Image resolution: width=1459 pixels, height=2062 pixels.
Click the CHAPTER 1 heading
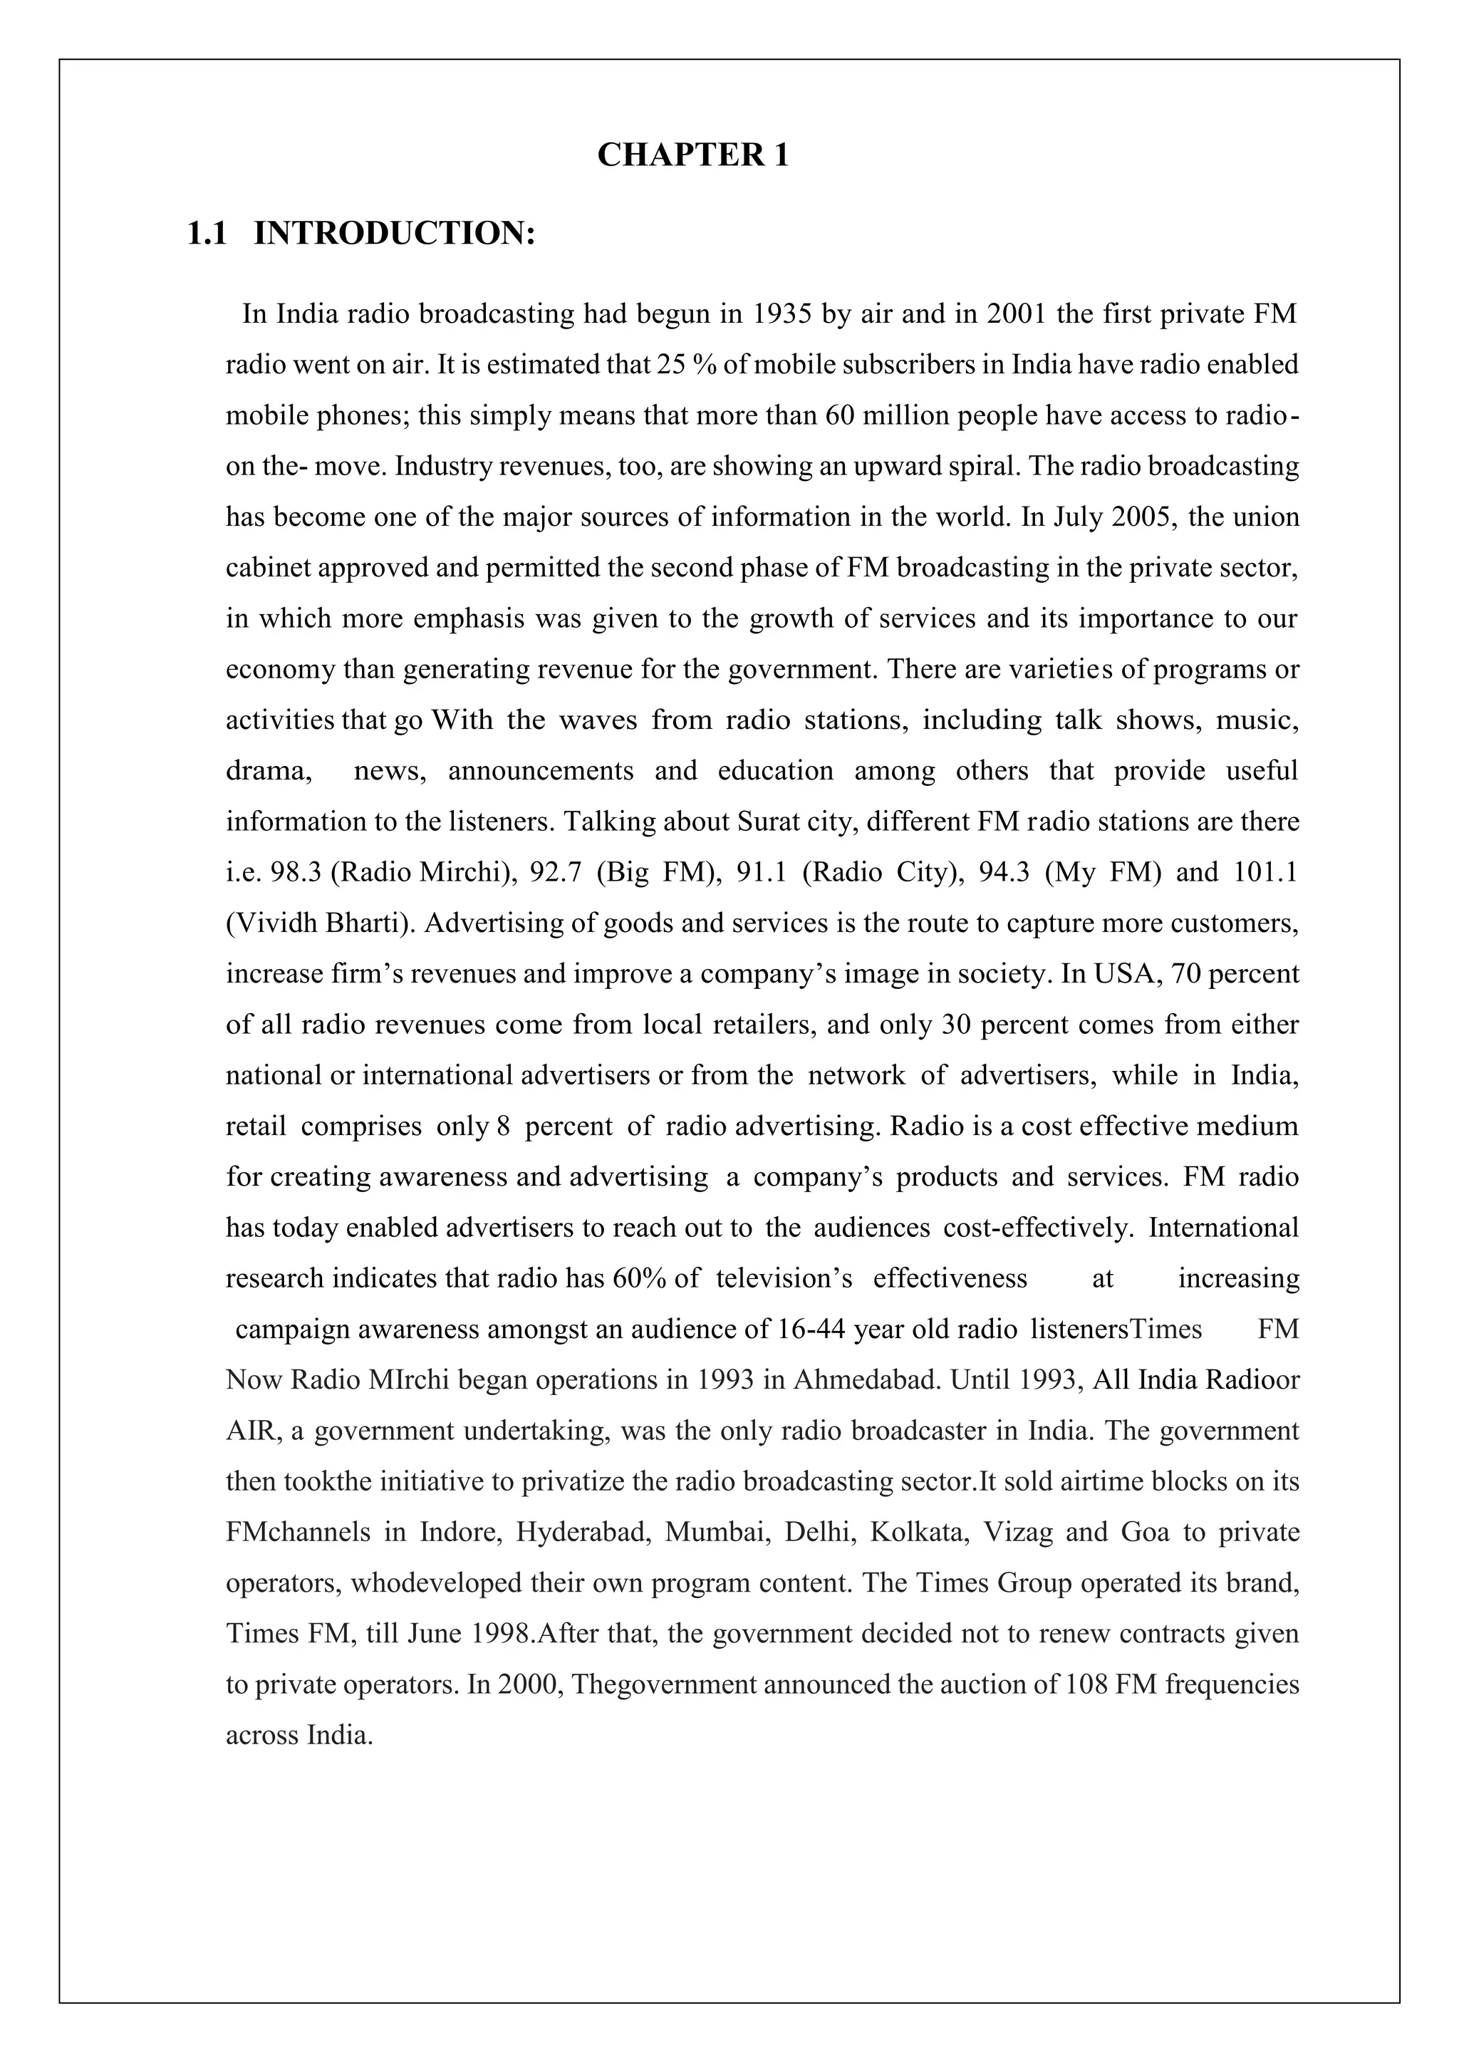[x=692, y=155]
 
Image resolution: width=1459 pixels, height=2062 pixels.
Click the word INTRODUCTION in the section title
[x=395, y=234]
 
